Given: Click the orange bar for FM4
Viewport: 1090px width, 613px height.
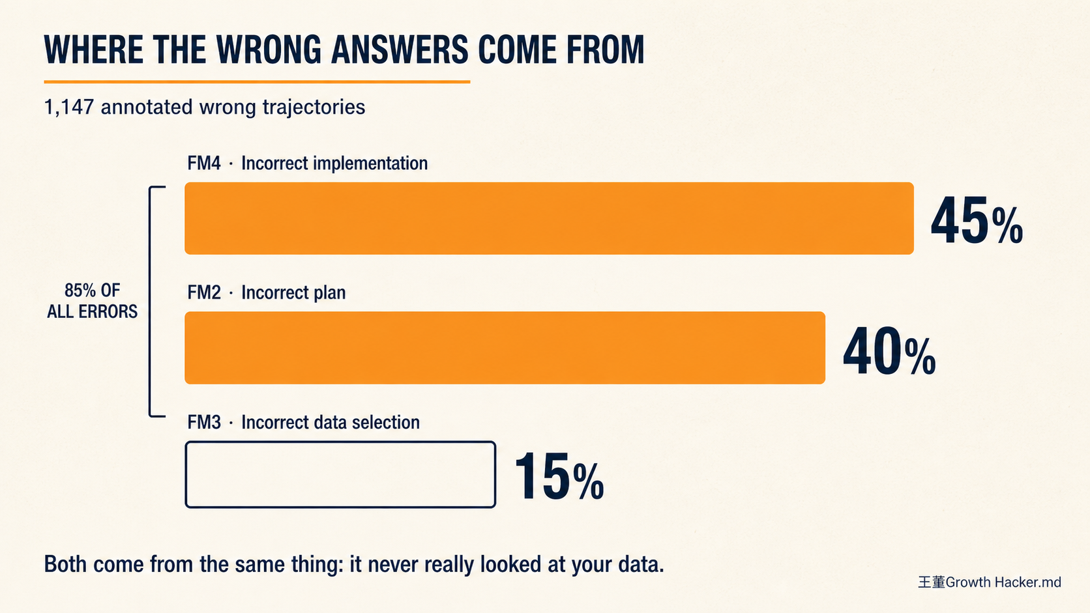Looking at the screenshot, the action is [x=549, y=218].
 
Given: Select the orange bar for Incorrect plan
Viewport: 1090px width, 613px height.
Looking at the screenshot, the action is [x=505, y=348].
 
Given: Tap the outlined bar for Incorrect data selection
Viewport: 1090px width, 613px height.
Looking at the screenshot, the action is [x=340, y=474].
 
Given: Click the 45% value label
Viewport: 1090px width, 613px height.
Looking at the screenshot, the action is [x=977, y=220].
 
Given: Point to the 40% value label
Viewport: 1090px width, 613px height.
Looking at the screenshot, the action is [x=889, y=351].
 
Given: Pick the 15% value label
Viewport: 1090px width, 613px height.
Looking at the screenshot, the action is [x=559, y=476].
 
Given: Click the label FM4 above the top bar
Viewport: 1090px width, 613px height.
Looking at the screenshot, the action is [x=204, y=164].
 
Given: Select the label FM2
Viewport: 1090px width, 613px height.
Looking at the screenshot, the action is [x=204, y=292].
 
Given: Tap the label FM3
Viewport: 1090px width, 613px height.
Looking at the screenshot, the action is [x=204, y=422].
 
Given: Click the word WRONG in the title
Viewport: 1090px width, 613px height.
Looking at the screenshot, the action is [x=269, y=50].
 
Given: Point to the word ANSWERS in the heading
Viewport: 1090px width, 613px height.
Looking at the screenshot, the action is [x=400, y=50].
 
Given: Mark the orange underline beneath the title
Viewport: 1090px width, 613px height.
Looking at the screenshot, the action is [x=257, y=81].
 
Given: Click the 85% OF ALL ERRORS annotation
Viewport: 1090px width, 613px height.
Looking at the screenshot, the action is [x=92, y=301].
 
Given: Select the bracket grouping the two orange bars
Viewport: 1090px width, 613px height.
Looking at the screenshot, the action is [x=150, y=302].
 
